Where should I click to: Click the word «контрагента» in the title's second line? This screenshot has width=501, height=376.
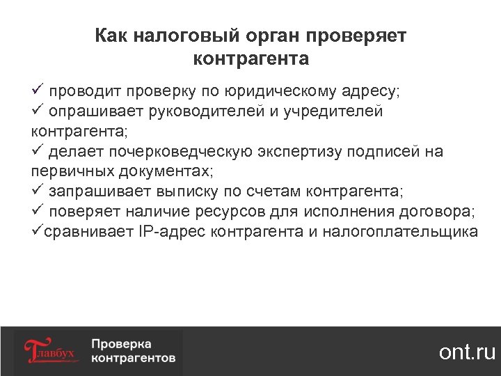pyautogui.click(x=250, y=58)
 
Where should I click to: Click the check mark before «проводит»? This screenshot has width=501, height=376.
pyautogui.click(x=38, y=91)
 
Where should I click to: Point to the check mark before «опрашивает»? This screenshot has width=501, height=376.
pyautogui.click(x=38, y=110)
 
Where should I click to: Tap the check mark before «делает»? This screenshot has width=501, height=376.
pyautogui.click(x=38, y=151)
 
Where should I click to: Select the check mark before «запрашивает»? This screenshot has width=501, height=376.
pyautogui.click(x=38, y=191)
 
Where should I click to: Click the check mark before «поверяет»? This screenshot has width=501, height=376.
pyautogui.click(x=38, y=211)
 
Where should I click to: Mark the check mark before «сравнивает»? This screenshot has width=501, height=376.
pyautogui.click(x=37, y=231)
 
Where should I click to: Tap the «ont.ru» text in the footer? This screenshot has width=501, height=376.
pyautogui.click(x=467, y=352)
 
